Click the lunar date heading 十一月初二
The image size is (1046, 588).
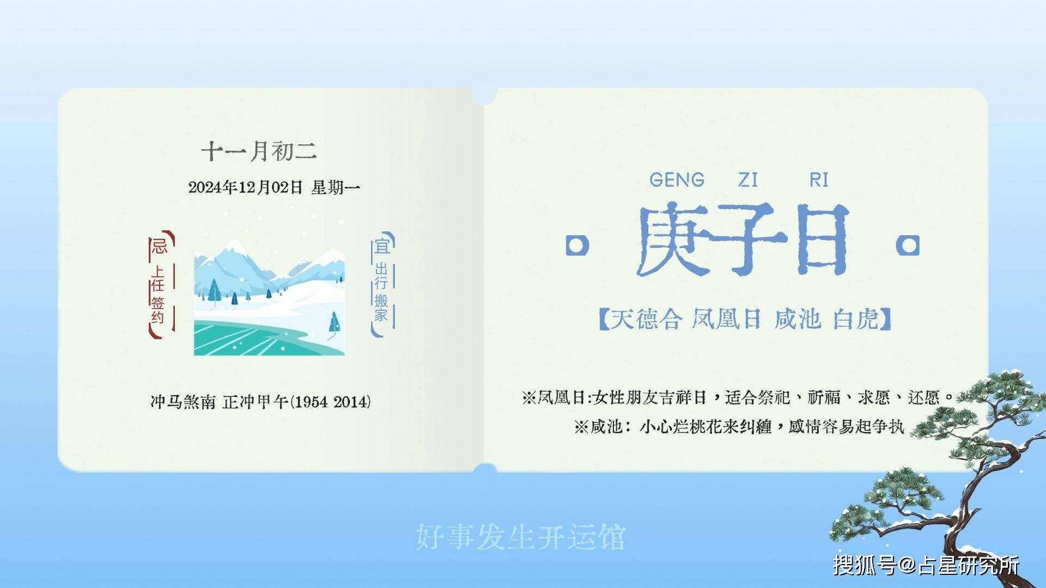(259, 151)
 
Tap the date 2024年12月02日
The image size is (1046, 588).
(245, 187)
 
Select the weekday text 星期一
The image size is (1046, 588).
(336, 187)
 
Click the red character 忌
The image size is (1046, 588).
(159, 246)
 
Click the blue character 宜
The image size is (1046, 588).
(382, 246)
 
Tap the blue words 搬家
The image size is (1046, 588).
(381, 308)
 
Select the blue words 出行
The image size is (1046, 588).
(381, 276)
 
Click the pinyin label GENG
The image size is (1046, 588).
(677, 180)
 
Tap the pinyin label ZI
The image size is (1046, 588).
(748, 180)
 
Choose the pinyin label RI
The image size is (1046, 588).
(819, 180)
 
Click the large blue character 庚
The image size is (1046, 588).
(674, 240)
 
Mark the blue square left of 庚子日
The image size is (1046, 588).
(577, 246)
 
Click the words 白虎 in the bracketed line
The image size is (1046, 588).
(856, 319)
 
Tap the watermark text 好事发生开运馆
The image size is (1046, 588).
(521, 537)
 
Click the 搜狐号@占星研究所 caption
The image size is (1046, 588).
(926, 565)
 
